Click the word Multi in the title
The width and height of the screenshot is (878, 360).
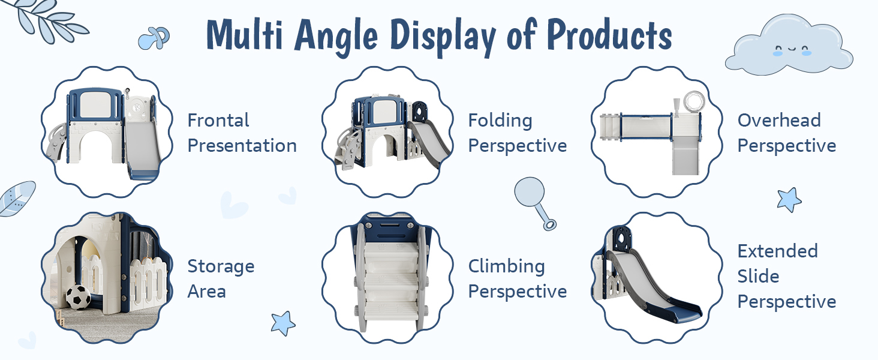pos(244,35)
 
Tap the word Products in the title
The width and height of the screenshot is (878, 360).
pos(609,35)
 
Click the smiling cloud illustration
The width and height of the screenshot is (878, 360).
pos(789,44)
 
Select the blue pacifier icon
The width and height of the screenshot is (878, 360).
pos(154,38)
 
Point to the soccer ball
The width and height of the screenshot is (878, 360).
pos(78,297)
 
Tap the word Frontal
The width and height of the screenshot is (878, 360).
pos(218,120)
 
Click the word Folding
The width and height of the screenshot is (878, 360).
pos(500,121)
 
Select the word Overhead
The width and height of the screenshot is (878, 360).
pos(779,120)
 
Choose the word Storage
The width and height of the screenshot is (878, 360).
pos(221,266)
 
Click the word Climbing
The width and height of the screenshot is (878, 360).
pos(506,266)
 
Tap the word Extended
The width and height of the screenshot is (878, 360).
pos(777,251)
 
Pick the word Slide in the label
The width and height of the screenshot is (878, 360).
pos(758,276)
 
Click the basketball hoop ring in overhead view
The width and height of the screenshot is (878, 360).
pos(694,101)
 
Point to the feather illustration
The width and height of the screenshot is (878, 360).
pos(17,199)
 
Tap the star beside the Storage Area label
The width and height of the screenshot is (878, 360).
pos(282,323)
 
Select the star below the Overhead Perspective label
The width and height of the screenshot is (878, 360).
pos(789,200)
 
